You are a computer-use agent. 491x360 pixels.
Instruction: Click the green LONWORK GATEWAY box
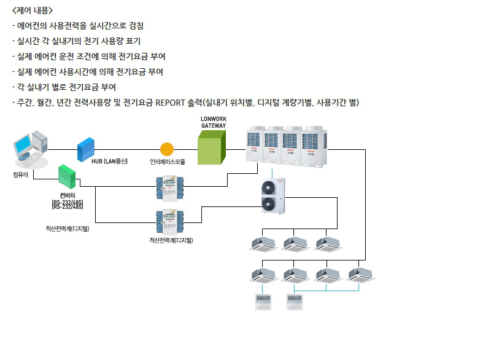211,148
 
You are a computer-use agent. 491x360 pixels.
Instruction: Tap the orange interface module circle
167,149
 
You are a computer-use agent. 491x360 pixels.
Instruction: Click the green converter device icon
67,176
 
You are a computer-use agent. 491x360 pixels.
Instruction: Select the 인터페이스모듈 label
167,162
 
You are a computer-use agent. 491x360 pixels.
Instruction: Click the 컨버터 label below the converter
68,195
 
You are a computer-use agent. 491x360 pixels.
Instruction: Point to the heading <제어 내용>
33,10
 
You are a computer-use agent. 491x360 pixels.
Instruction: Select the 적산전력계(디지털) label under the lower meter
171,240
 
